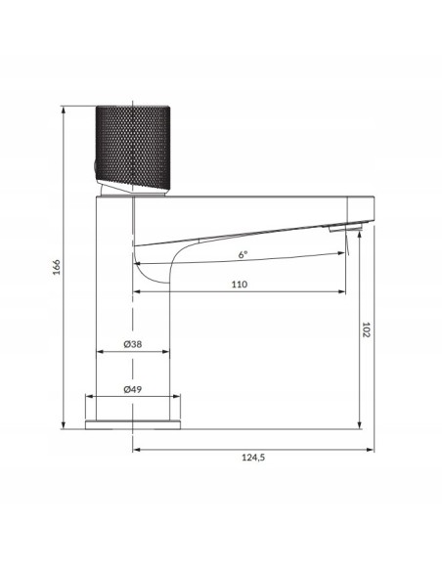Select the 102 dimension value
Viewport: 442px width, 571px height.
365,330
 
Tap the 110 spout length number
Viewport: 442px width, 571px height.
240,284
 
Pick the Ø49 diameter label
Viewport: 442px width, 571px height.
133,388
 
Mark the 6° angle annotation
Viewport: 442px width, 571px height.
243,254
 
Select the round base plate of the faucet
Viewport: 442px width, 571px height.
133,424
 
